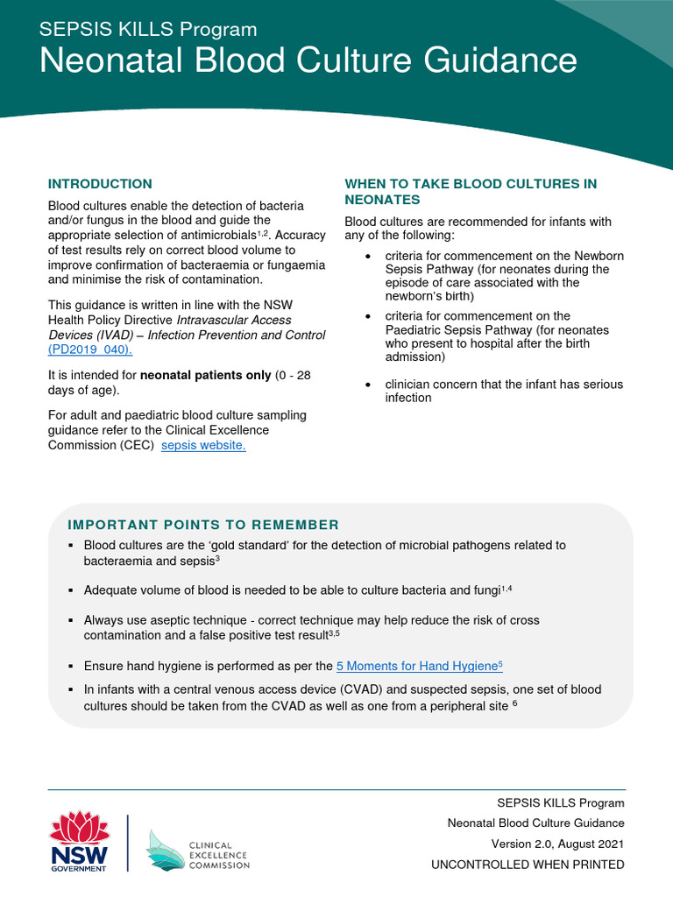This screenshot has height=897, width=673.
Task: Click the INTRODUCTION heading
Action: point(100,184)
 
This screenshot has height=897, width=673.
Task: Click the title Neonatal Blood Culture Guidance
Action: point(309,60)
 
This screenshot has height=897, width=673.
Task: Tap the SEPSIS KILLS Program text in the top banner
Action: point(148,30)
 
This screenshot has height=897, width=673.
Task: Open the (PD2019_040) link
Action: point(90,350)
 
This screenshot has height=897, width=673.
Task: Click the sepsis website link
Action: point(204,446)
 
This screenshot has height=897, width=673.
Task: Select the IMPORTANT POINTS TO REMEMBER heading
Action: point(203,525)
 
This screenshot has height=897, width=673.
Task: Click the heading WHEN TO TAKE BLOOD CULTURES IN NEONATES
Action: point(471,192)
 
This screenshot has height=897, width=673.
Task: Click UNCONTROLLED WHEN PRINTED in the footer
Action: point(528,865)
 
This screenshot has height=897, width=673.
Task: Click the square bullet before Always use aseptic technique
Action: point(72,620)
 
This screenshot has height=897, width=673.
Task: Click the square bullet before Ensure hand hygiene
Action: point(72,666)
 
